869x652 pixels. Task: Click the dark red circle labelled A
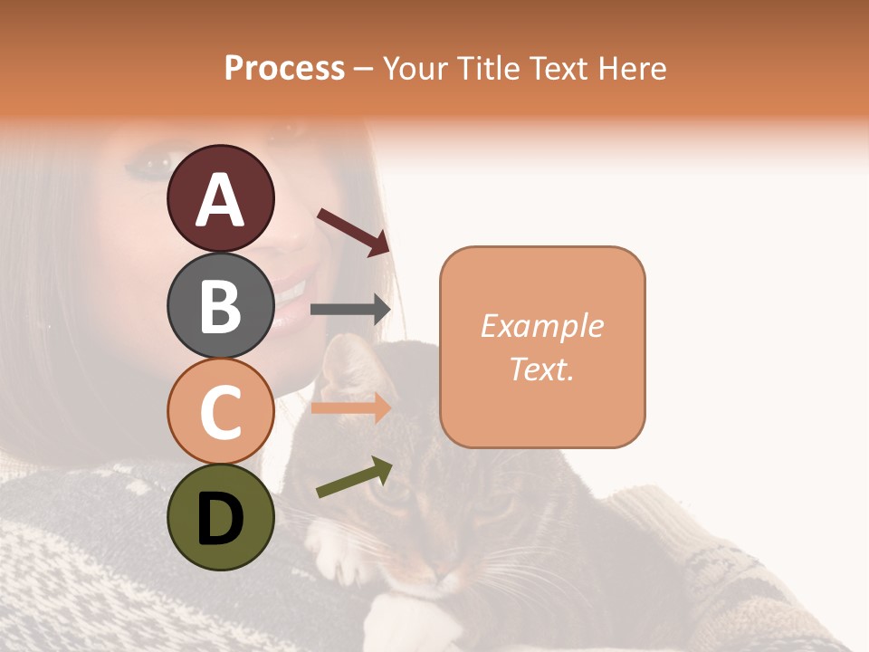click(220, 198)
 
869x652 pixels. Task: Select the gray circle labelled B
click(220, 305)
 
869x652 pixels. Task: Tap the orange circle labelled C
click(220, 411)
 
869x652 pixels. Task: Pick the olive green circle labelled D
click(220, 517)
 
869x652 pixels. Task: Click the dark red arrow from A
click(353, 230)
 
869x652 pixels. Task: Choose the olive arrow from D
click(354, 477)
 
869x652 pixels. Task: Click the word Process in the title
click(284, 68)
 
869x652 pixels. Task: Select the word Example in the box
click(541, 326)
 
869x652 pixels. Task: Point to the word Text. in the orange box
click(541, 369)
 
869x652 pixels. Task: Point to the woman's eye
click(143, 166)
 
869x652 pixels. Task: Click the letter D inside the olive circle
click(220, 519)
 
